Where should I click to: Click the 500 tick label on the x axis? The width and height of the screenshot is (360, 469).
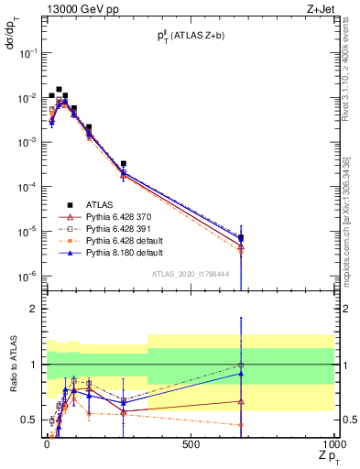[x=191, y=444]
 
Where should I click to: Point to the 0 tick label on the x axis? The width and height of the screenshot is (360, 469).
[x=47, y=444]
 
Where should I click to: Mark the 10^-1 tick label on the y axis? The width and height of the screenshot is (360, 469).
[x=26, y=53]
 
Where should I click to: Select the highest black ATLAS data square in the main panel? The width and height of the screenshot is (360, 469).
[x=60, y=90]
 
